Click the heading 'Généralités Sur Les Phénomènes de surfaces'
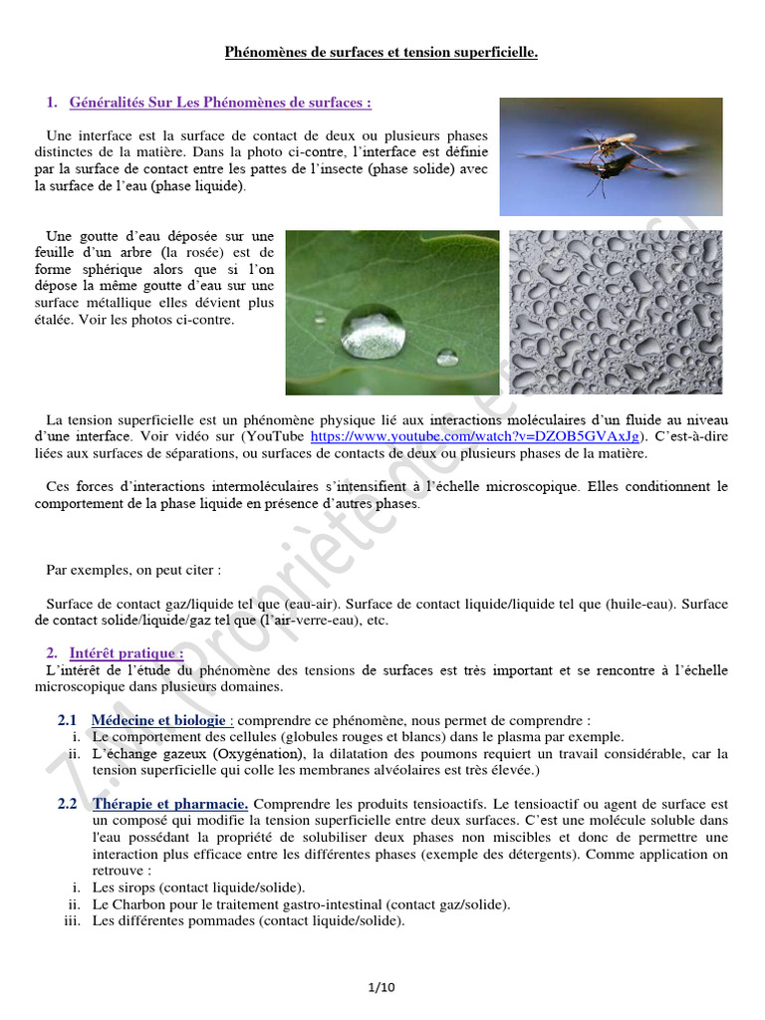pos(220,103)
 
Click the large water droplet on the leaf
pos(373,331)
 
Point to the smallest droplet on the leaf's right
pos(447,357)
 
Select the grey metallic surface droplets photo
pos(616,313)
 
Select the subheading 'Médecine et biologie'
pos(160,720)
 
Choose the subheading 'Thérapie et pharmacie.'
pos(170,804)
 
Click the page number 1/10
pos(382,987)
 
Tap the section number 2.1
pos(68,720)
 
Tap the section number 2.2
pos(68,804)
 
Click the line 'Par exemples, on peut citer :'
pos(133,570)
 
